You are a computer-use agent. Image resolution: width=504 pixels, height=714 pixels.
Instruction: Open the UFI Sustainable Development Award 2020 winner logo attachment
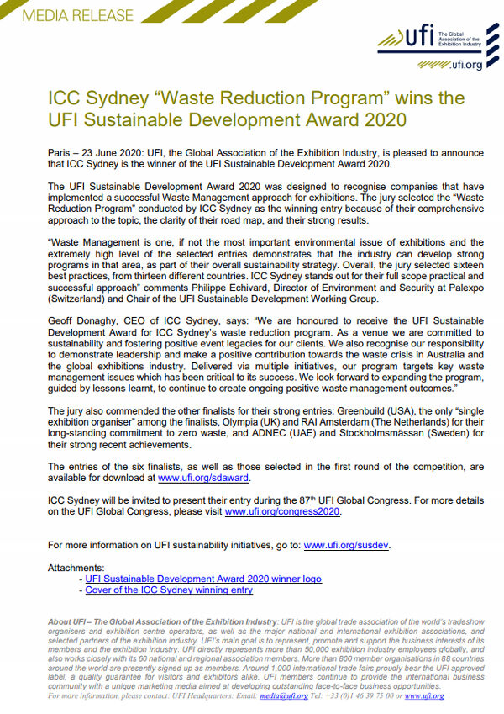[x=203, y=579]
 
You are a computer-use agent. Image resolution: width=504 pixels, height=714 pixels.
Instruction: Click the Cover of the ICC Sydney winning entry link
[x=169, y=590]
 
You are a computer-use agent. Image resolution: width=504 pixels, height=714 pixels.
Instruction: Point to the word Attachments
[x=76, y=568]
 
